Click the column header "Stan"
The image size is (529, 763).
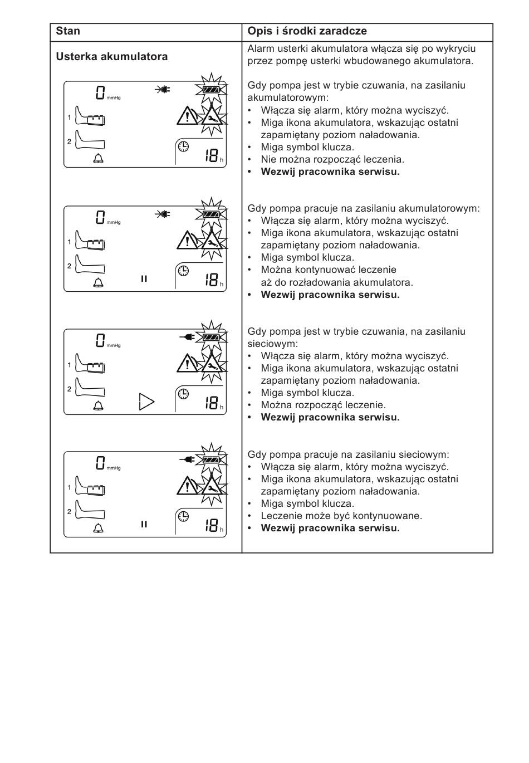68,31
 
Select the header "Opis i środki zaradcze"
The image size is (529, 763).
307,31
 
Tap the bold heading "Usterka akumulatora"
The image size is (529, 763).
111,56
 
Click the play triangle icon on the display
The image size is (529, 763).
146,401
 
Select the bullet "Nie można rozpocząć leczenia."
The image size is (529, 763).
332,159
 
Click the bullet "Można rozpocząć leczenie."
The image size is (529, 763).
323,405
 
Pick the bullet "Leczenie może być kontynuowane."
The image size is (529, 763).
341,516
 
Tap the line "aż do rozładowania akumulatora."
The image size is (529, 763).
337,282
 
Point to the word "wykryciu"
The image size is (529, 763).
457,48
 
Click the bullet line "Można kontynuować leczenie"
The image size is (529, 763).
329,270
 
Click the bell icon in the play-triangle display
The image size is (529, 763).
99,405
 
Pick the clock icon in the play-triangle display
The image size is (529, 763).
183,394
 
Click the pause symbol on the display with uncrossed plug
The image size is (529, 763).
144,524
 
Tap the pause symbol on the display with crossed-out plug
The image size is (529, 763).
144,278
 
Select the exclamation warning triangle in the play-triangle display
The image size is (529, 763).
188,364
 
